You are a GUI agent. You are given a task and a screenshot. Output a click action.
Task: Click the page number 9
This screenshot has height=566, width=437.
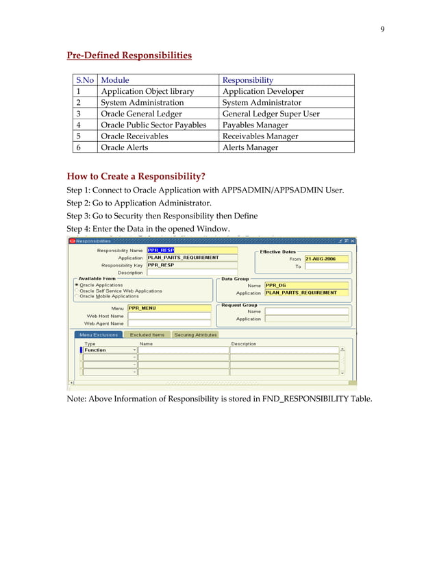(x=382, y=29)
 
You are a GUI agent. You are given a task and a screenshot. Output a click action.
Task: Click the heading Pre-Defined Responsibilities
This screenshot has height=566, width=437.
(x=129, y=55)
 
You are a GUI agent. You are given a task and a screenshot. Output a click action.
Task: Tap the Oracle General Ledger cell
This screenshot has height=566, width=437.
(x=142, y=114)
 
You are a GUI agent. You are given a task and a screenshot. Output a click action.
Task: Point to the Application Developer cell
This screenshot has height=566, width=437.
(x=264, y=91)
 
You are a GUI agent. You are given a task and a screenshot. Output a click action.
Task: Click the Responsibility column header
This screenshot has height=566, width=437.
(x=247, y=80)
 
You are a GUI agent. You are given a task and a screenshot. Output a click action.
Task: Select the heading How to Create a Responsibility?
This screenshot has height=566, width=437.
(x=136, y=176)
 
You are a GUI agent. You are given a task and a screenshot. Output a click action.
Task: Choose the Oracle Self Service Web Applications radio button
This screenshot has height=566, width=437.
(x=76, y=291)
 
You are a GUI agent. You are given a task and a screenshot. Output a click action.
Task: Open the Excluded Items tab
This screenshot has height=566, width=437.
(x=147, y=334)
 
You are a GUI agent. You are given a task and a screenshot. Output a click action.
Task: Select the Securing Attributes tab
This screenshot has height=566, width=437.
(x=195, y=334)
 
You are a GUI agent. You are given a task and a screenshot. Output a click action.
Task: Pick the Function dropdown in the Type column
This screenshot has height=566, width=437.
(x=110, y=350)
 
